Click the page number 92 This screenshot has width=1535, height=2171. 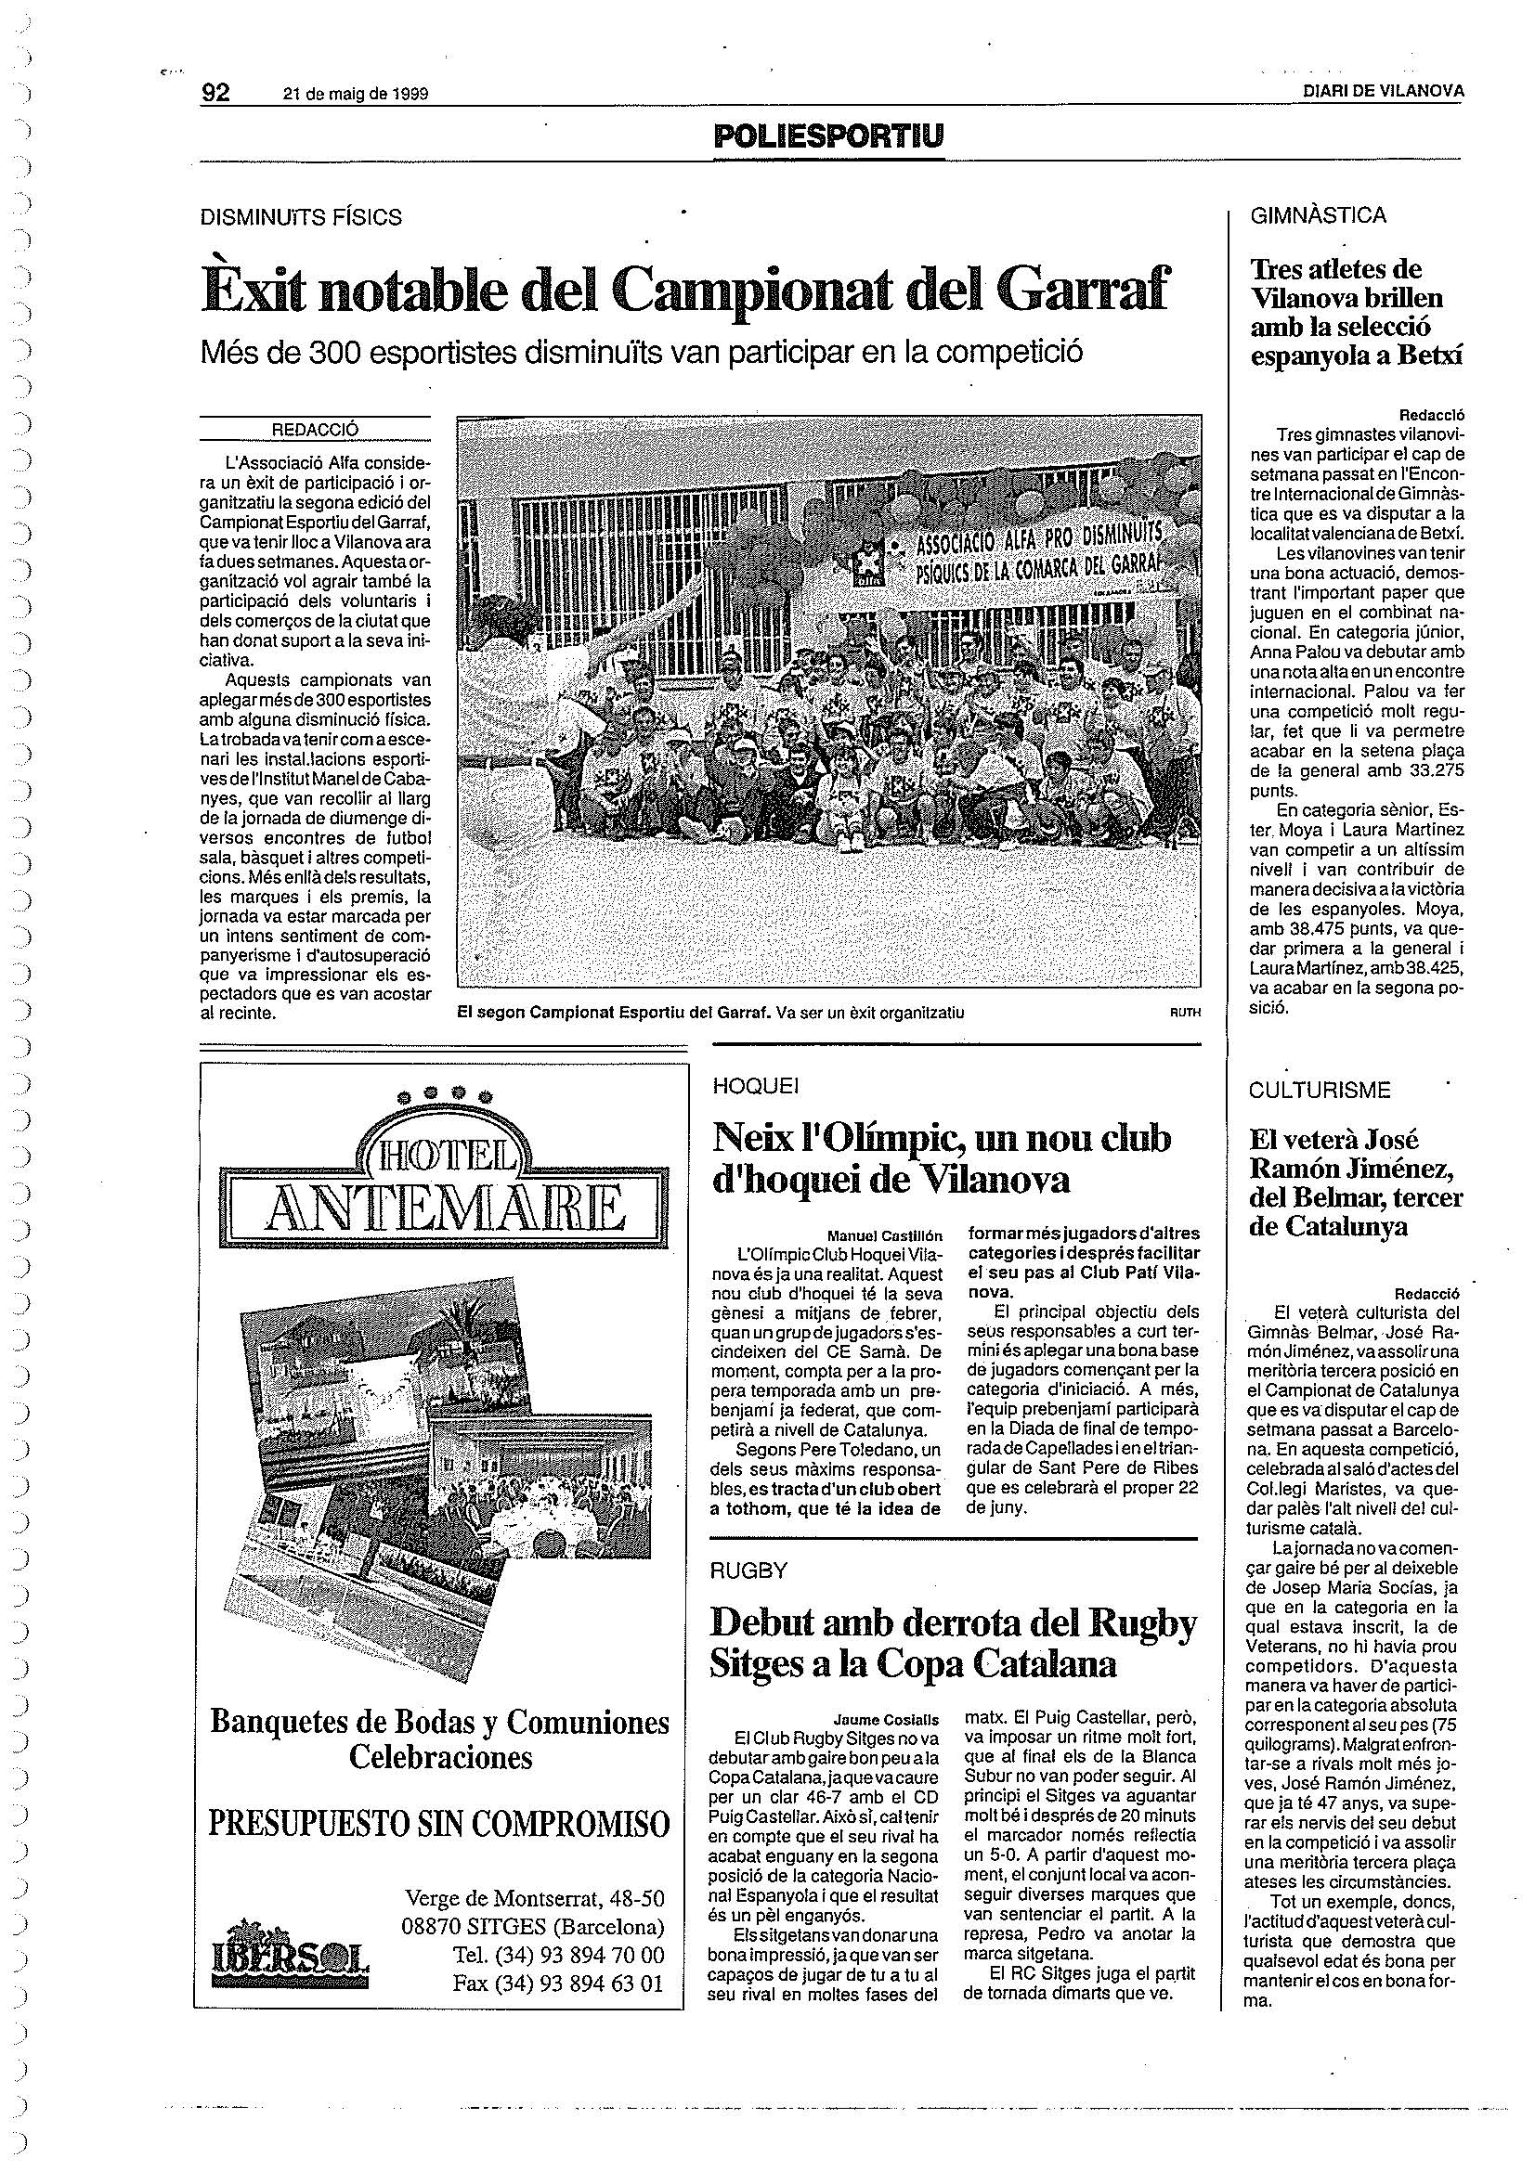(x=217, y=92)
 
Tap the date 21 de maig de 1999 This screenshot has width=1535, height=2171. (x=356, y=94)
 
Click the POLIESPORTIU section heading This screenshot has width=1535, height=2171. (x=828, y=138)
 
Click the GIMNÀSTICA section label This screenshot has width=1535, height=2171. (x=1319, y=215)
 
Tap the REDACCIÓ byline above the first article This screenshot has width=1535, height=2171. (x=315, y=430)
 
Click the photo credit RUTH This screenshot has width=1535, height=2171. (x=1184, y=1013)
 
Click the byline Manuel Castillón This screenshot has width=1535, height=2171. (x=885, y=1234)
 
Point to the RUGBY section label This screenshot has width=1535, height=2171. (x=749, y=1570)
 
